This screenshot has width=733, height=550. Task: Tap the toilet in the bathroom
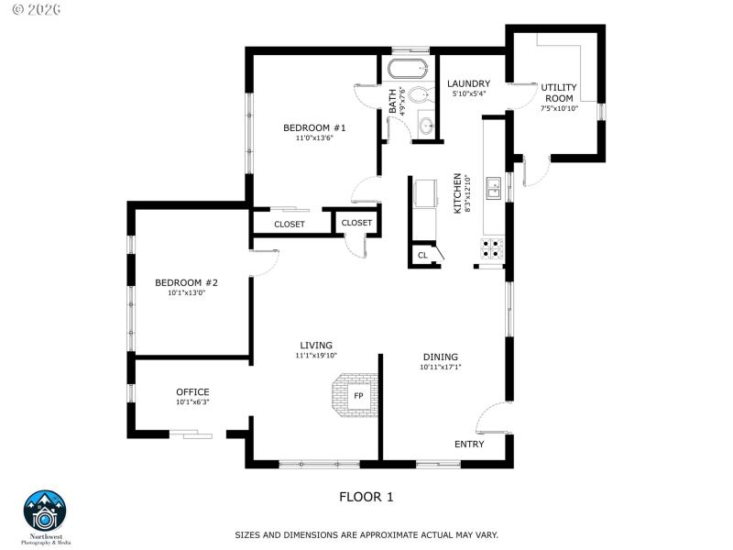[x=420, y=94]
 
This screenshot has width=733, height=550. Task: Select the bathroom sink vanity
[x=426, y=126]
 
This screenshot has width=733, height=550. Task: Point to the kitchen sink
[x=493, y=189]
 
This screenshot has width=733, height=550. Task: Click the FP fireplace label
[x=358, y=396]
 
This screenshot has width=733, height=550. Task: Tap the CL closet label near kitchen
[x=422, y=256]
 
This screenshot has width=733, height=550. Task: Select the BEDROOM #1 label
[x=313, y=127]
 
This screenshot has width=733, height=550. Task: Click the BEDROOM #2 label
[x=185, y=282]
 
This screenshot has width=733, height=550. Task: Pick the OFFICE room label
[x=192, y=391]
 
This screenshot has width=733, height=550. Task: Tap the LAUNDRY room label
[x=468, y=83]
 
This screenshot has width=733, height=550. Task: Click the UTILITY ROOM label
[x=559, y=92]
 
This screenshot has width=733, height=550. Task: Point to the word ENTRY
[x=469, y=445]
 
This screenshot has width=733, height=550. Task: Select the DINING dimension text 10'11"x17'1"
[x=440, y=368]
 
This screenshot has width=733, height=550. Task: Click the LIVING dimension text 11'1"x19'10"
[x=316, y=356]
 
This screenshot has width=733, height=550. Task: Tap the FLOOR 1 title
[x=366, y=497]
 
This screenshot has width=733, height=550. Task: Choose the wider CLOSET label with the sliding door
[x=289, y=224]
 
